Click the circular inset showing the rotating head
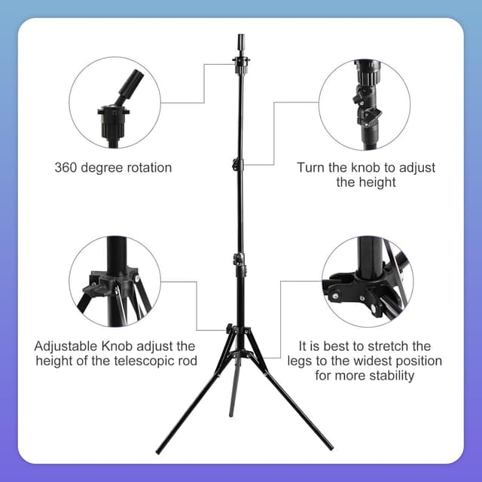tap(114, 103)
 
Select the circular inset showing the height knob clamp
tap(365, 103)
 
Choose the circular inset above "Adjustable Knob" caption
tap(114, 281)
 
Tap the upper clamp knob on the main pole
tap(236, 163)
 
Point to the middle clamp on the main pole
tap(239, 260)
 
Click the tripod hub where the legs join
tap(238, 331)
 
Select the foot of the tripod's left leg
tap(158, 452)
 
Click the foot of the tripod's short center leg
tap(231, 414)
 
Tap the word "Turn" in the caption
tap(311, 167)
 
